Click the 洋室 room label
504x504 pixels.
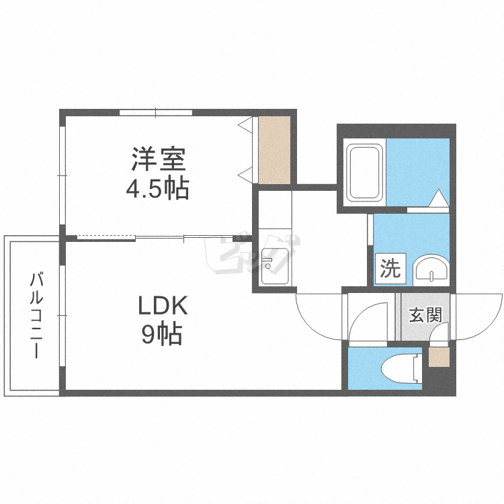click(x=159, y=159)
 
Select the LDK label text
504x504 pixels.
click(x=163, y=305)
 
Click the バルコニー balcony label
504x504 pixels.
click(x=36, y=315)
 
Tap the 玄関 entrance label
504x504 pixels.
click(x=425, y=315)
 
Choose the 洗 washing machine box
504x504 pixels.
click(x=390, y=269)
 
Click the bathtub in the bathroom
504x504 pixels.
click(x=364, y=173)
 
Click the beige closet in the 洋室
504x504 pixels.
click(x=274, y=150)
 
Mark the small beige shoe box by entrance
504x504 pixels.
click(x=439, y=357)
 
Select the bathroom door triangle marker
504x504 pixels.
click(x=438, y=198)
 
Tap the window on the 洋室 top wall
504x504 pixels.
click(x=156, y=112)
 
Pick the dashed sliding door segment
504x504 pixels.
click(x=106, y=238)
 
